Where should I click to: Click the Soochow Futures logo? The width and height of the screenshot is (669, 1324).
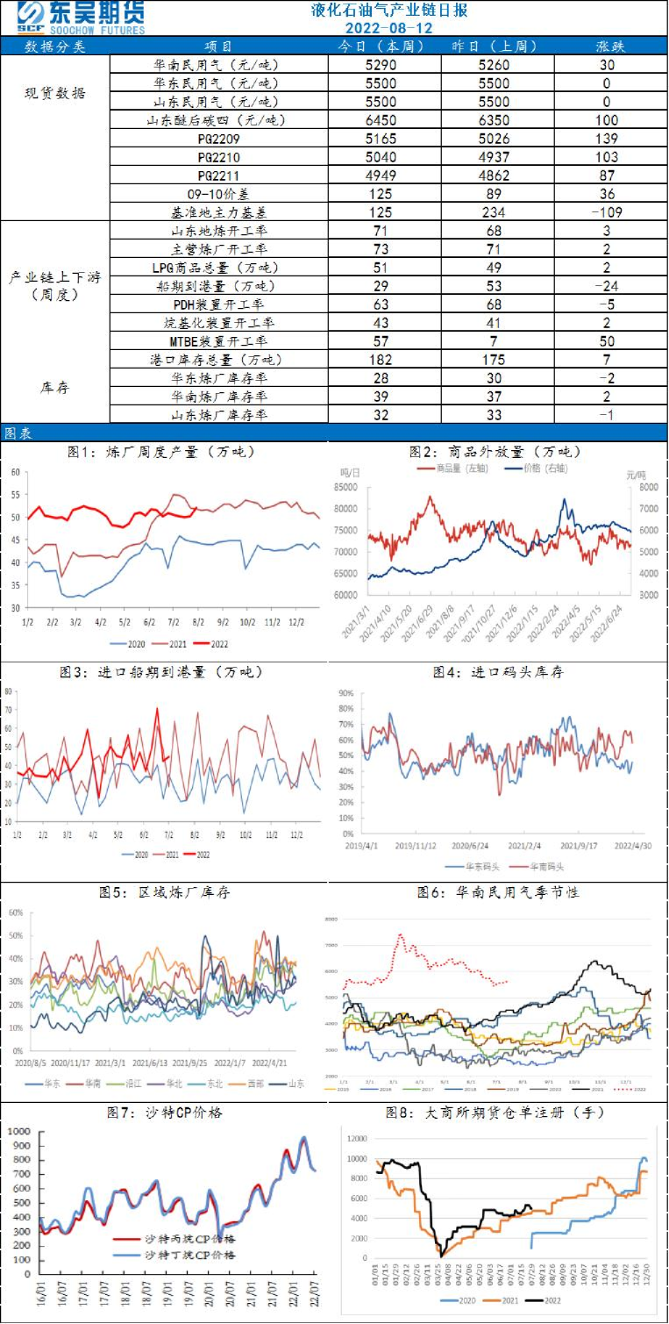click(x=79, y=18)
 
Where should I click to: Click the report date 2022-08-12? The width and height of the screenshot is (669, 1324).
click(x=388, y=27)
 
